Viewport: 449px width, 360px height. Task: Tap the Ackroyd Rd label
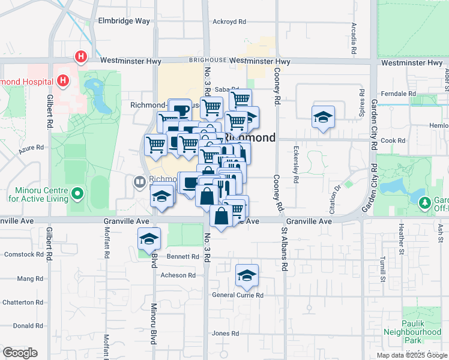(x=229, y=22)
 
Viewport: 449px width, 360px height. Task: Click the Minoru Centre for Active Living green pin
(x=76, y=194)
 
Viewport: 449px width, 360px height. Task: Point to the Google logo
(x=20, y=353)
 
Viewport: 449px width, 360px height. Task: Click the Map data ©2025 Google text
(x=412, y=355)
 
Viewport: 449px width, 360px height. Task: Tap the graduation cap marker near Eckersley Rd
(x=323, y=117)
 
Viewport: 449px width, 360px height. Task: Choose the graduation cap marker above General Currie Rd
(x=246, y=275)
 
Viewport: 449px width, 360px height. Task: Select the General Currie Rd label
(x=238, y=295)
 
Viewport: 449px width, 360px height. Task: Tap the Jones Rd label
(x=225, y=333)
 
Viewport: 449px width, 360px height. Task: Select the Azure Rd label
(x=31, y=147)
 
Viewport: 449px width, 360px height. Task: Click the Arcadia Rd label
(x=354, y=36)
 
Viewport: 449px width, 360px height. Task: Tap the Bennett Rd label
(x=183, y=257)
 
